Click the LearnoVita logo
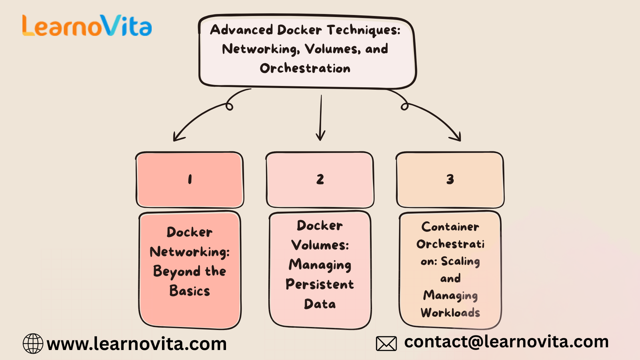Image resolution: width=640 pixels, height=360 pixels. click(x=87, y=26)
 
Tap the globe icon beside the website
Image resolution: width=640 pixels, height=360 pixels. click(x=33, y=344)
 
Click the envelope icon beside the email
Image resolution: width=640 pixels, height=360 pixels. click(x=386, y=343)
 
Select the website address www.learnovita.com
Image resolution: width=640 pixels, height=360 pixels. click(x=136, y=344)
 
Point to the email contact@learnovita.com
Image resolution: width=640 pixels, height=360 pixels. click(x=506, y=342)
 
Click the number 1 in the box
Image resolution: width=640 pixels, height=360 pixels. click(x=190, y=180)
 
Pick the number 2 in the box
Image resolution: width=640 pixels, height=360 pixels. click(x=320, y=180)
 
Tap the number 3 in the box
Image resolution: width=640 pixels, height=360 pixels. click(x=450, y=180)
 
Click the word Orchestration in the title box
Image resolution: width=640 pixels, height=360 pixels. click(x=305, y=68)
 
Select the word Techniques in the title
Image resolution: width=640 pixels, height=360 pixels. click(x=363, y=30)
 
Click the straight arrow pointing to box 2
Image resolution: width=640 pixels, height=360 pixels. click(x=320, y=118)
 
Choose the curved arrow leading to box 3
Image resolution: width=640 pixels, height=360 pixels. click(x=434, y=118)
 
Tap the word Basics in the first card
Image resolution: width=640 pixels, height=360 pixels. click(x=190, y=291)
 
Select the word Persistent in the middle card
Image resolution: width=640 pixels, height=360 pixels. click(x=320, y=284)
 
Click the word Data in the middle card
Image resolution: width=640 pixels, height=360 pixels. click(x=320, y=304)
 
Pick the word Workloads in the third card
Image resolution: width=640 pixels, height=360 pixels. click(x=450, y=312)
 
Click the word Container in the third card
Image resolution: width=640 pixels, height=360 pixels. click(x=450, y=227)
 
